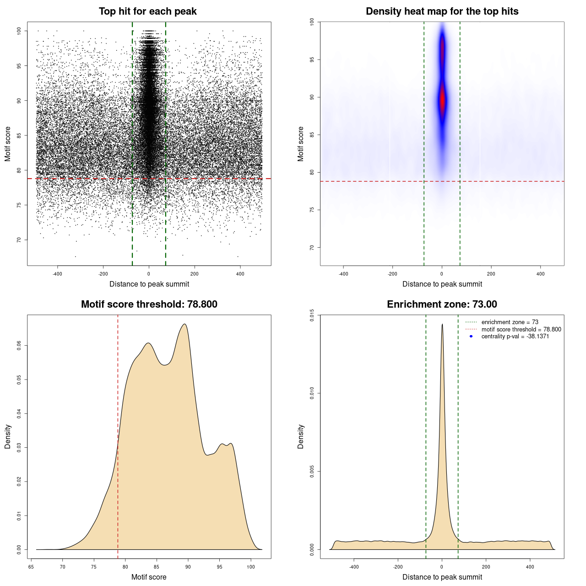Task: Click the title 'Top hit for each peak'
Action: pos(147,11)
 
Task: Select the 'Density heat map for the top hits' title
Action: pos(442,11)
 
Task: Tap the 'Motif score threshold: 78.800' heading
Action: pos(149,304)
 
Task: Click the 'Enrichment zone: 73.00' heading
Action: pos(442,304)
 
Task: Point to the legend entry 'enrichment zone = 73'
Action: pos(510,322)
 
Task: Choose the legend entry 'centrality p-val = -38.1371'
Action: pos(515,336)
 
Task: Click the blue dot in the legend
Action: pos(471,336)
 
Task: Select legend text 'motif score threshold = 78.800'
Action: pos(521,330)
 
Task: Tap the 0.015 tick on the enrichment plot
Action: pos(312,315)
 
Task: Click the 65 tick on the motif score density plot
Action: pos(31,567)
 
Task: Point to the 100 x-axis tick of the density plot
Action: pos(250,567)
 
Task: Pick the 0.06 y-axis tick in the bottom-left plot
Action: pos(19,346)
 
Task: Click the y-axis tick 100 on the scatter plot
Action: pos(19,31)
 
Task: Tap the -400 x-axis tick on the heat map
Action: pos(343,274)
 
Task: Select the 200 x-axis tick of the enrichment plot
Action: pos(486,567)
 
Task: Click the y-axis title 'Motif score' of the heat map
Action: pos(301,144)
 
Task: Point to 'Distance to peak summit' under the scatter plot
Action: pos(149,284)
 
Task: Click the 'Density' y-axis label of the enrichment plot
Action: pos(301,436)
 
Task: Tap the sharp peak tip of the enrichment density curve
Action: pos(442,324)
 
